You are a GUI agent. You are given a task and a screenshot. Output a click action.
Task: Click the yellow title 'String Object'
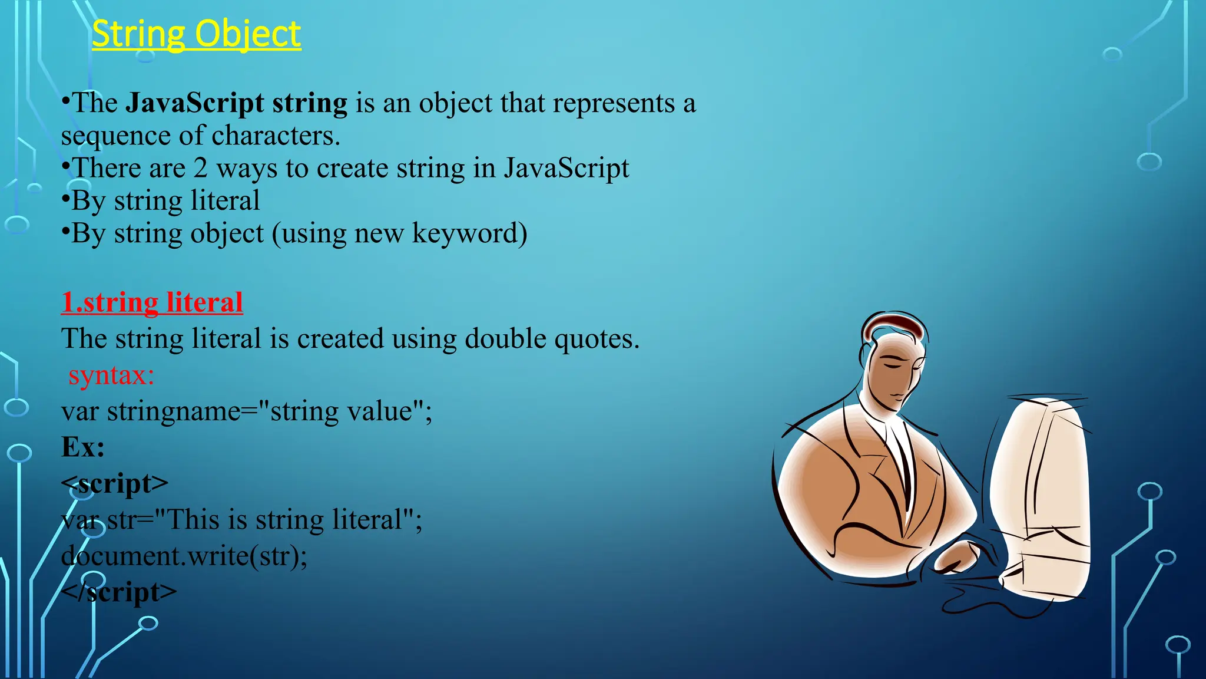196,34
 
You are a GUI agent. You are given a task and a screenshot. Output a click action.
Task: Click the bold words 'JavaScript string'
236,103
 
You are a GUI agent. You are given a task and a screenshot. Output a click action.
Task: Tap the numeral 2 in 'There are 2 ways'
201,169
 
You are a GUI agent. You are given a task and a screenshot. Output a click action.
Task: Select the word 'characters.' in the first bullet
276,136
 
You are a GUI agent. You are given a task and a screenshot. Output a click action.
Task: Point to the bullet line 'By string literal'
165,201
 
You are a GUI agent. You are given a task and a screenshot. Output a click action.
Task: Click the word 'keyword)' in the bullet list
469,233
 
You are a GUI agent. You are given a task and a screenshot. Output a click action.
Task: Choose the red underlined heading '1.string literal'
152,302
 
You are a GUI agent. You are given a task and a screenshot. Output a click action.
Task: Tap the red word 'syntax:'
111,375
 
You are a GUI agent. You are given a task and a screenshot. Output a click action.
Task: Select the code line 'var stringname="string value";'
246,411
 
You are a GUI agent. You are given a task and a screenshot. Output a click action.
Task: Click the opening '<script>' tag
115,484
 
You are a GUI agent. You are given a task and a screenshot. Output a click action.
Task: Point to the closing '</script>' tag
118,592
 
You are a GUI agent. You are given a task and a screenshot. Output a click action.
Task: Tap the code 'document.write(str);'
184,556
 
